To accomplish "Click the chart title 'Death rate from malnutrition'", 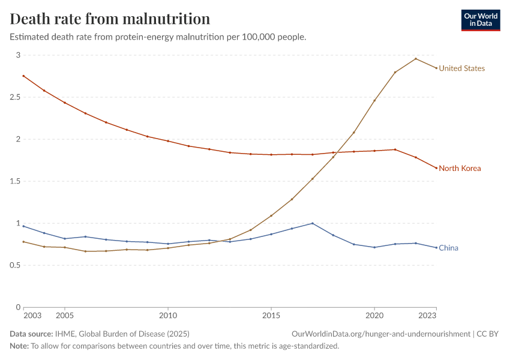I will click(110, 19).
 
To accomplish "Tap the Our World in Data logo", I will click(480, 20).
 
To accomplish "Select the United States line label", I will click(461, 68).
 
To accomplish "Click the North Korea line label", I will click(460, 169).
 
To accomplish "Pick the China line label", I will click(449, 248).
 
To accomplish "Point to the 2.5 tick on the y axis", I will click(14, 97).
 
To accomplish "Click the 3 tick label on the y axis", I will click(18, 55).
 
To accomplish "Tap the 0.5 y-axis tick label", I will click(14, 265).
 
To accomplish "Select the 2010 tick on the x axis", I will click(168, 315).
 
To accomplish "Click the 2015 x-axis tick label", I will click(271, 315).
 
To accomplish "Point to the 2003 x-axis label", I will click(32, 315).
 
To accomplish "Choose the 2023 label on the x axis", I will click(427, 315).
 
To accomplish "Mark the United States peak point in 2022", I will click(416, 59).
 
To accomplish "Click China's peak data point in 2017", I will click(313, 223).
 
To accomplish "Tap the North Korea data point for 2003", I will click(23, 76).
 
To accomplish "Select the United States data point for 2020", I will click(374, 100).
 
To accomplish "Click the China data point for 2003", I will click(23, 226).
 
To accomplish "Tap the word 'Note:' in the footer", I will click(20, 346).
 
